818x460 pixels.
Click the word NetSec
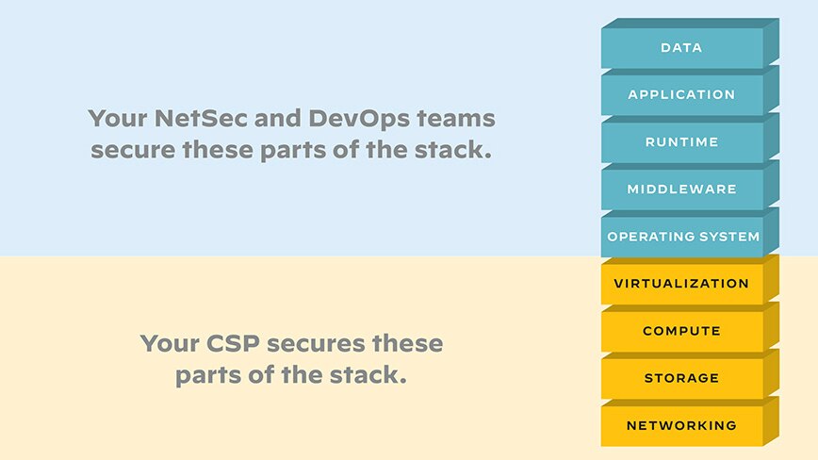tap(201, 118)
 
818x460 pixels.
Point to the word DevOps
tap(359, 120)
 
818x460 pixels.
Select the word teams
tap(455, 119)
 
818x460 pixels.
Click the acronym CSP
tap(233, 343)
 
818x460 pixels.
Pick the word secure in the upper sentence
tap(133, 151)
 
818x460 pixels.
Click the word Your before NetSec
tap(118, 118)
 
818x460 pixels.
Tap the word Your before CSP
tap(170, 343)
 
